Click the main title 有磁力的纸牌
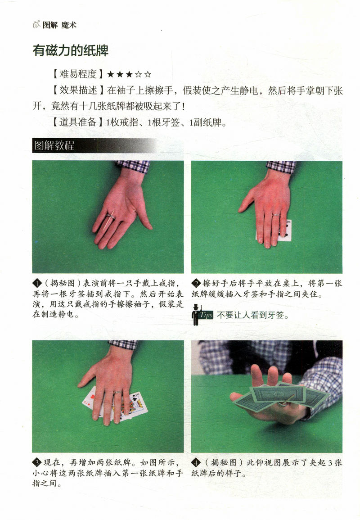(x=70, y=50)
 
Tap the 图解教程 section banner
(x=54, y=146)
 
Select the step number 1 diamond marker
(x=37, y=284)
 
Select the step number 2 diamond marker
(x=196, y=284)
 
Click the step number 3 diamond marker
(x=37, y=463)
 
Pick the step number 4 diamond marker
(x=196, y=463)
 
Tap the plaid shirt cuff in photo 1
(x=132, y=166)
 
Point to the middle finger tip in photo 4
(x=273, y=373)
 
